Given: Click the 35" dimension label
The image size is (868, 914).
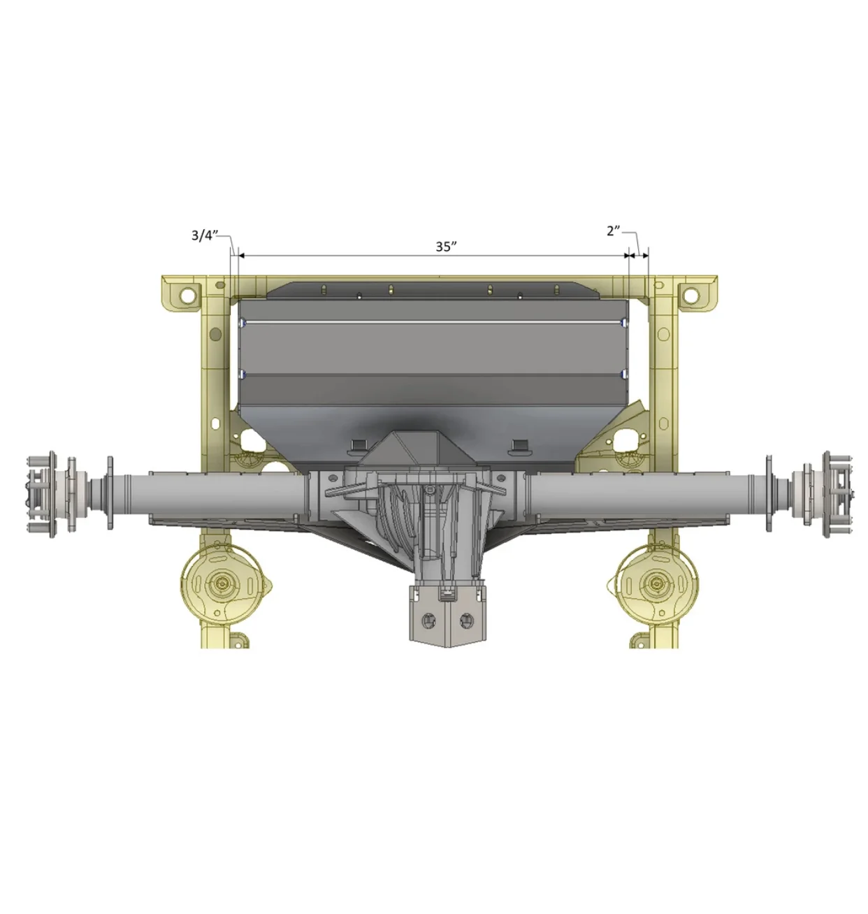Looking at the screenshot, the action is pyautogui.click(x=445, y=247).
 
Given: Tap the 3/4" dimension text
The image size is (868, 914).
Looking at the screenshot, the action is pyautogui.click(x=205, y=235).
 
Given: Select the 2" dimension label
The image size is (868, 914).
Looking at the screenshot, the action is pyautogui.click(x=613, y=231).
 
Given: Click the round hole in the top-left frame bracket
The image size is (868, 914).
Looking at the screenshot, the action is pyautogui.click(x=188, y=295).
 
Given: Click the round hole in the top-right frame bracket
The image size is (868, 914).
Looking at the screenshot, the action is pyautogui.click(x=690, y=295).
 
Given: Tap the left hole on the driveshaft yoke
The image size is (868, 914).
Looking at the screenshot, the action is pyautogui.click(x=428, y=620).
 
